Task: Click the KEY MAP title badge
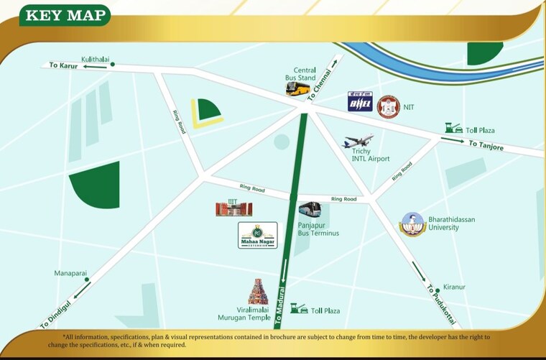(x=65, y=15)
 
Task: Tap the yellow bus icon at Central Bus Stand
(x=298, y=88)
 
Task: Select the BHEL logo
(x=360, y=101)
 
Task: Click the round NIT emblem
(x=388, y=107)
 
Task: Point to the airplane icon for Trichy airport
(x=358, y=141)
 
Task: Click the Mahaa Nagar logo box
(x=258, y=235)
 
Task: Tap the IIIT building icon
(x=234, y=208)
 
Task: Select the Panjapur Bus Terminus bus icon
(x=310, y=210)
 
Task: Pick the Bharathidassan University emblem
(x=412, y=224)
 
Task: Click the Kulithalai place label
(x=95, y=58)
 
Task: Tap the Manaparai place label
(x=70, y=273)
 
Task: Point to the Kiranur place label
(x=454, y=287)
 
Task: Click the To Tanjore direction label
(x=486, y=146)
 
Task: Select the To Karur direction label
(x=63, y=65)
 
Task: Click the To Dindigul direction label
(x=55, y=315)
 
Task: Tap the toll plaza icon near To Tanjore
(x=453, y=128)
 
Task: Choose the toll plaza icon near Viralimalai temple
(x=299, y=308)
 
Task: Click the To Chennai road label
(x=321, y=84)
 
